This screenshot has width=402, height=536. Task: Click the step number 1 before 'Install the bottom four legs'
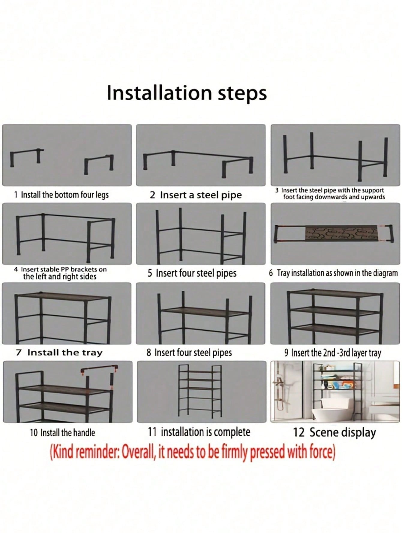[16, 195]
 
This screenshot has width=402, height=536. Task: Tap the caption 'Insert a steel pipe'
[201, 195]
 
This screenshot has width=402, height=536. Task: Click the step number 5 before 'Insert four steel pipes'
[150, 273]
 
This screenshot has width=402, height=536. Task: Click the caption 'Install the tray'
[65, 353]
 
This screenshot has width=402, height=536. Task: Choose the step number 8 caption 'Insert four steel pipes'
[193, 353]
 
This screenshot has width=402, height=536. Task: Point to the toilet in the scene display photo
[325, 410]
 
